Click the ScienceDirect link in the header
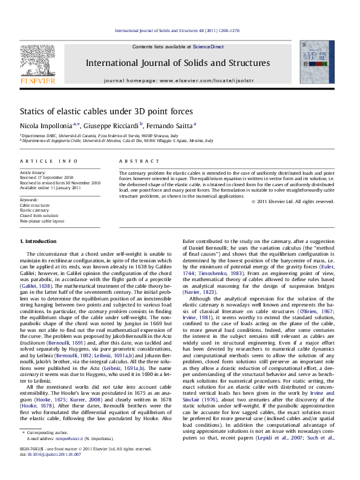tap(208, 47)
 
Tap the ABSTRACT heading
tap(131, 161)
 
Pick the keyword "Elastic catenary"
tap(33, 210)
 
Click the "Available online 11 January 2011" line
tap(50, 187)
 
